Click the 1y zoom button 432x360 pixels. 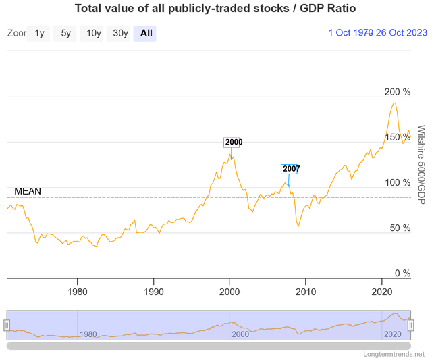(39, 33)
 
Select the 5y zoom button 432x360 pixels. (65, 33)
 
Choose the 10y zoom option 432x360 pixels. (93, 33)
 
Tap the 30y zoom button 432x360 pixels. (120, 33)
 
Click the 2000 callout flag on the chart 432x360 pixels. (233, 143)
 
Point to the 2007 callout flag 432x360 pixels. (291, 169)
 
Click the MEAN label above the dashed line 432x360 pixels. (28, 191)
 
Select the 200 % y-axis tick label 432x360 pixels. (397, 92)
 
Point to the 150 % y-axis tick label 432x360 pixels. (397, 137)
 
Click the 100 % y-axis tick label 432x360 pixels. (397, 182)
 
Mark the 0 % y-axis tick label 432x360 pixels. (402, 274)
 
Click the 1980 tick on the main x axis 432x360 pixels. (78, 292)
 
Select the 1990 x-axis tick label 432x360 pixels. (154, 292)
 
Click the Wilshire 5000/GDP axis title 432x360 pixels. (421, 165)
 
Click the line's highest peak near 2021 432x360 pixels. (394, 103)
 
